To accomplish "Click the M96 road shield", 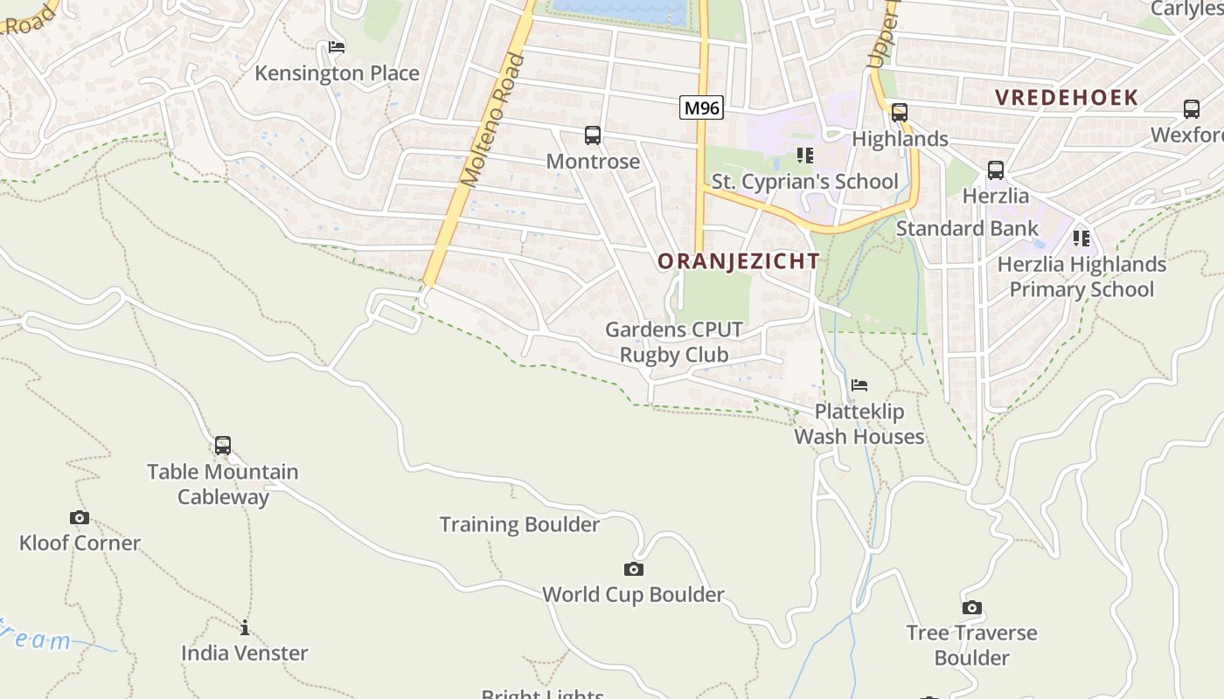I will (701, 108).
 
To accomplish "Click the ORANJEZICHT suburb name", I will (739, 261).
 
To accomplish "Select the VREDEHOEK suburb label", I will (1067, 98).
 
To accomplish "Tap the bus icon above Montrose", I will (593, 135).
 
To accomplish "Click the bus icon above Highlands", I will (900, 113).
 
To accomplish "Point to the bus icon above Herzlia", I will (995, 170).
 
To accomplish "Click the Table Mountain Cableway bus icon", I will (223, 446).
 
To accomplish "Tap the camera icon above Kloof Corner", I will (80, 517).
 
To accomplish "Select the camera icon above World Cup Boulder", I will (634, 569).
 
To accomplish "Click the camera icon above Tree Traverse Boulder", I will (971, 607).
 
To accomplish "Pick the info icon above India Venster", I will (245, 627).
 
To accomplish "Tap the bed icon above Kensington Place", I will (337, 47).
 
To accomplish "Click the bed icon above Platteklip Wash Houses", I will (859, 384).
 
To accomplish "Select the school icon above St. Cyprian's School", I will (804, 156).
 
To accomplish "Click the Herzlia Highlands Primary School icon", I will (1081, 238).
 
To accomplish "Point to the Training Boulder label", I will (519, 524).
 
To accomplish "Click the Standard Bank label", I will (967, 229).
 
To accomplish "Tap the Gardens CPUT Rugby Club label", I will (674, 343).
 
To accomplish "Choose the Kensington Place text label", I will (337, 73).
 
